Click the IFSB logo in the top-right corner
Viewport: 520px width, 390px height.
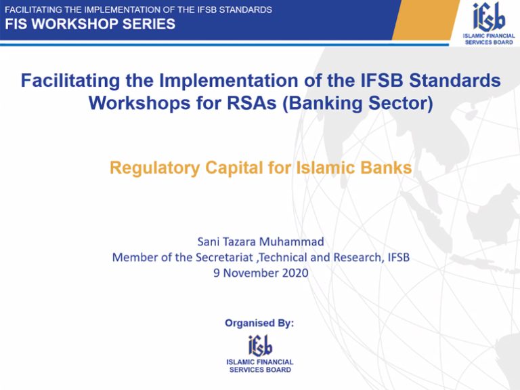[x=489, y=23]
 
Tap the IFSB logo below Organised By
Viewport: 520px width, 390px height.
[x=260, y=354]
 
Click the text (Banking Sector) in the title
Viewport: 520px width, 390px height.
[x=357, y=103]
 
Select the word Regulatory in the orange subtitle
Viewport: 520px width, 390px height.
[x=154, y=168]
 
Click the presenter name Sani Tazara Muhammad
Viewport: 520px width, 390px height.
[x=261, y=241]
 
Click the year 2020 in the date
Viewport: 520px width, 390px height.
[x=295, y=273]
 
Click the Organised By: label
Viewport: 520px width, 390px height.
[x=259, y=324]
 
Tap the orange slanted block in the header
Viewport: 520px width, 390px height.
[x=426, y=20]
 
